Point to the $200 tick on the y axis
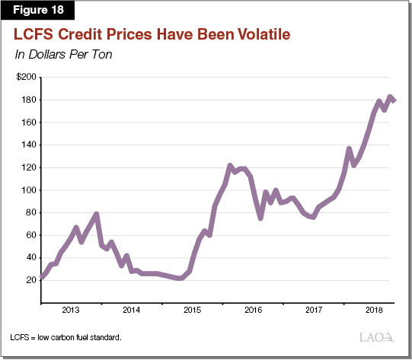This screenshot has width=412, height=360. (26, 78)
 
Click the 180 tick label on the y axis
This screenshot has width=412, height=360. (28, 100)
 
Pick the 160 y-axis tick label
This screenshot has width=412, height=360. (28, 123)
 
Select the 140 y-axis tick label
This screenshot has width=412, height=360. (28, 145)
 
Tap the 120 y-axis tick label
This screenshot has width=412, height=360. (28, 167)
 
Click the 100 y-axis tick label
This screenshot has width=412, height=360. (28, 190)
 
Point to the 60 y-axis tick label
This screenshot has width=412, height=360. (30, 235)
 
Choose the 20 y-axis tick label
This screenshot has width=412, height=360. (30, 280)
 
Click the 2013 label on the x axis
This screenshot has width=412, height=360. (70, 311)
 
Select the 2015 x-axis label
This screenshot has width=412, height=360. (192, 311)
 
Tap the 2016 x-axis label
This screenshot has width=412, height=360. (253, 311)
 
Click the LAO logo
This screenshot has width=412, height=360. (375, 337)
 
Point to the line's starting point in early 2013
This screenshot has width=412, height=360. (40, 277)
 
